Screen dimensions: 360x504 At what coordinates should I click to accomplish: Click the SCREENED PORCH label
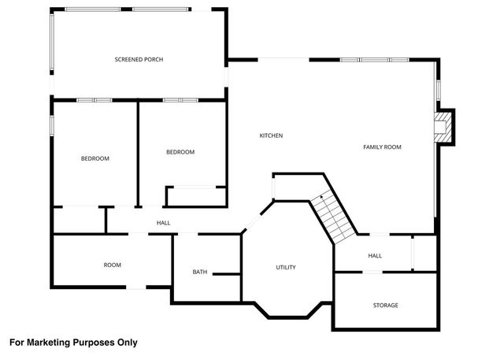click(139, 60)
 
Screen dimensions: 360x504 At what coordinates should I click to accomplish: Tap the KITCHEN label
click(271, 135)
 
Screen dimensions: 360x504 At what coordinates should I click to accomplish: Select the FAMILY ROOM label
click(382, 147)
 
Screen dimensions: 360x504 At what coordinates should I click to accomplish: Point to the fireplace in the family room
click(445, 128)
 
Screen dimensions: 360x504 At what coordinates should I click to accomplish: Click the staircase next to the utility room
click(332, 217)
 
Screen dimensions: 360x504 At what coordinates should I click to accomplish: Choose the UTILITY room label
click(285, 268)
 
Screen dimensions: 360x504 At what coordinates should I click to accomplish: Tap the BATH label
click(200, 273)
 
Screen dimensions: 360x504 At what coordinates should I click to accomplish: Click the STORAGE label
click(385, 305)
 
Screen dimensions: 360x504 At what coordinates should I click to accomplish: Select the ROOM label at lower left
click(113, 265)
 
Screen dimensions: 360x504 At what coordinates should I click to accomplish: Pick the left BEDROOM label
click(95, 158)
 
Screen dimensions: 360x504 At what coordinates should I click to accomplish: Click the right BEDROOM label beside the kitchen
click(180, 152)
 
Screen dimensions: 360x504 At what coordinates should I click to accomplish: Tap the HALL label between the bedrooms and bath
click(163, 223)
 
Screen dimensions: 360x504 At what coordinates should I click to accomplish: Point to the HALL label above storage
click(375, 255)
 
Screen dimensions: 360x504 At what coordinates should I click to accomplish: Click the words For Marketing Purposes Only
click(73, 343)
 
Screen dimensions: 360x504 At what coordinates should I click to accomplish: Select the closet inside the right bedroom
click(195, 196)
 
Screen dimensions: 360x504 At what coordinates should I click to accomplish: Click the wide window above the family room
click(375, 60)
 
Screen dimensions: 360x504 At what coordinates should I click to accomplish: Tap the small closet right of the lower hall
click(424, 252)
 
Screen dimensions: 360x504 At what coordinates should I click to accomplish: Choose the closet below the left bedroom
click(79, 220)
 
